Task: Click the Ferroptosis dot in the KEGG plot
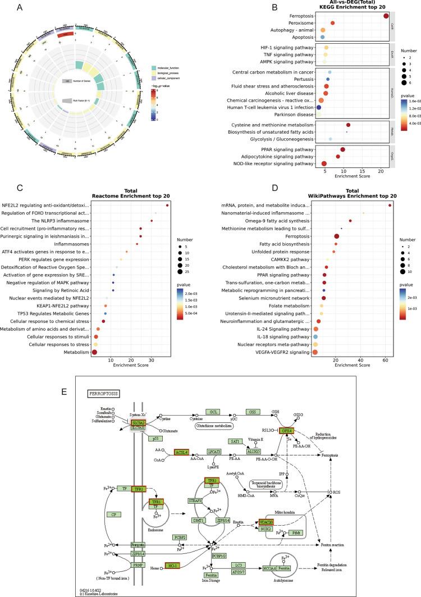pyautogui.click(x=386, y=16)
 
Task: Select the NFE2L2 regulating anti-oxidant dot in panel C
pyautogui.click(x=167, y=205)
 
